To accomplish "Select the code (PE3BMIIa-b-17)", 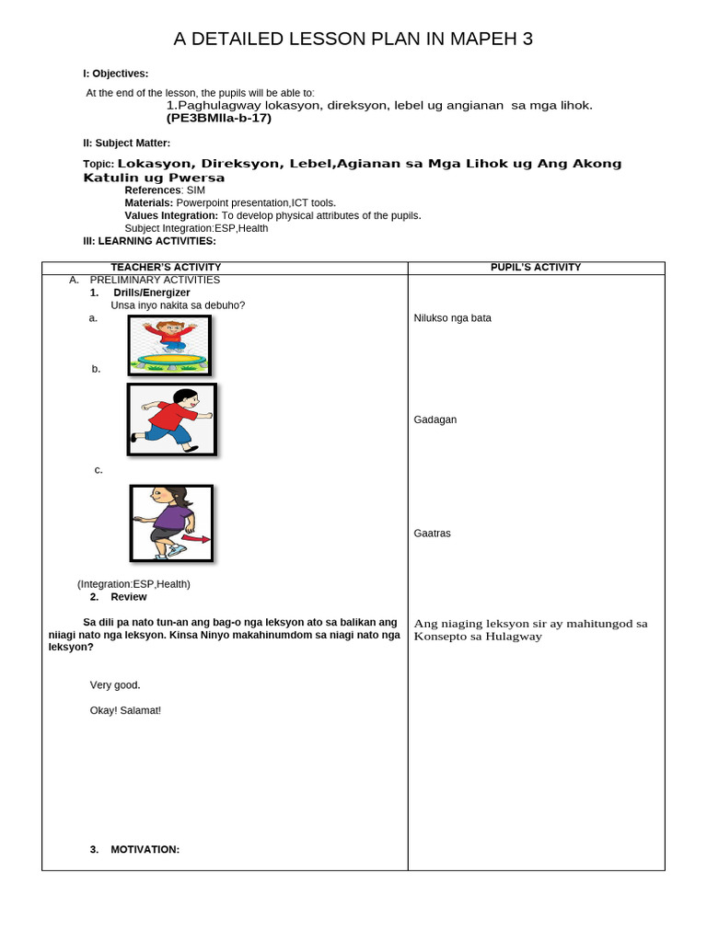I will tap(218, 119).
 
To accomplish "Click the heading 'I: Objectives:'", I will tap(116, 74).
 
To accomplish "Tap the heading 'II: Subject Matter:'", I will tap(127, 143).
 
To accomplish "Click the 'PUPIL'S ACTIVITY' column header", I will tap(536, 268).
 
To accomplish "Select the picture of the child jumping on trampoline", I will tap(169, 345).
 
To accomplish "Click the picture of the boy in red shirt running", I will tap(171, 419).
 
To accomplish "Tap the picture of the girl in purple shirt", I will tap(171, 523).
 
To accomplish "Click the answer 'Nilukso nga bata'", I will tap(453, 318).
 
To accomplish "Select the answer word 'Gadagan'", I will tap(435, 420).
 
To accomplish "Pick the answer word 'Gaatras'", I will tap(433, 534).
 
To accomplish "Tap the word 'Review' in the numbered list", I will tap(129, 597).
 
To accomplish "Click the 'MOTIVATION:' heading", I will tap(145, 850).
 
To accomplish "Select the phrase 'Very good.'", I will tap(115, 685).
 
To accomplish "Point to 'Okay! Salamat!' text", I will tap(125, 711).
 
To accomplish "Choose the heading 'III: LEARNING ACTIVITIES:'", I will tap(149, 241).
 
